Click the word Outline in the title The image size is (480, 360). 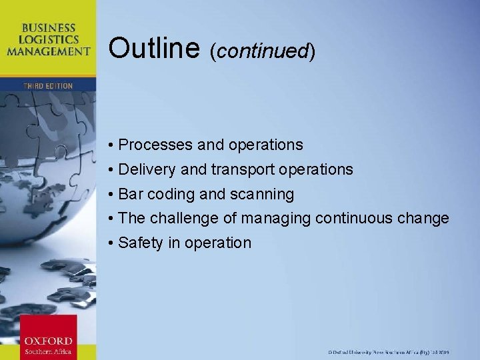154,48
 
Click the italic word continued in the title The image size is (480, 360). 262,51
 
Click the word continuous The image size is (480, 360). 356,218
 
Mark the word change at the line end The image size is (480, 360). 425,219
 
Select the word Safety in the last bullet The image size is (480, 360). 140,243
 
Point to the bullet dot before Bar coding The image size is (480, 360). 111,195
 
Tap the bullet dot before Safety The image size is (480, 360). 111,243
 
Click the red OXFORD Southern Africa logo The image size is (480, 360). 49,336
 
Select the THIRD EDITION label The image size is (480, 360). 48,86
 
